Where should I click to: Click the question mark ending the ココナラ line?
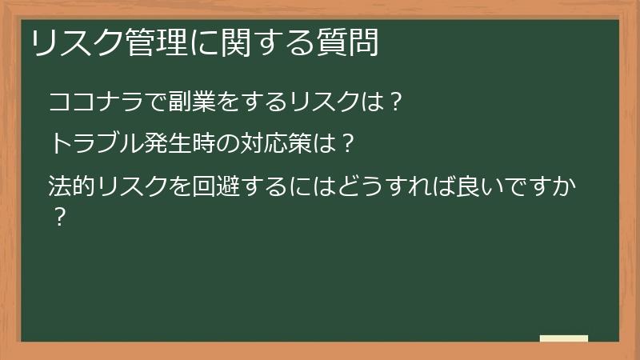click(391, 103)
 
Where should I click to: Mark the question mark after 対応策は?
click(346, 146)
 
